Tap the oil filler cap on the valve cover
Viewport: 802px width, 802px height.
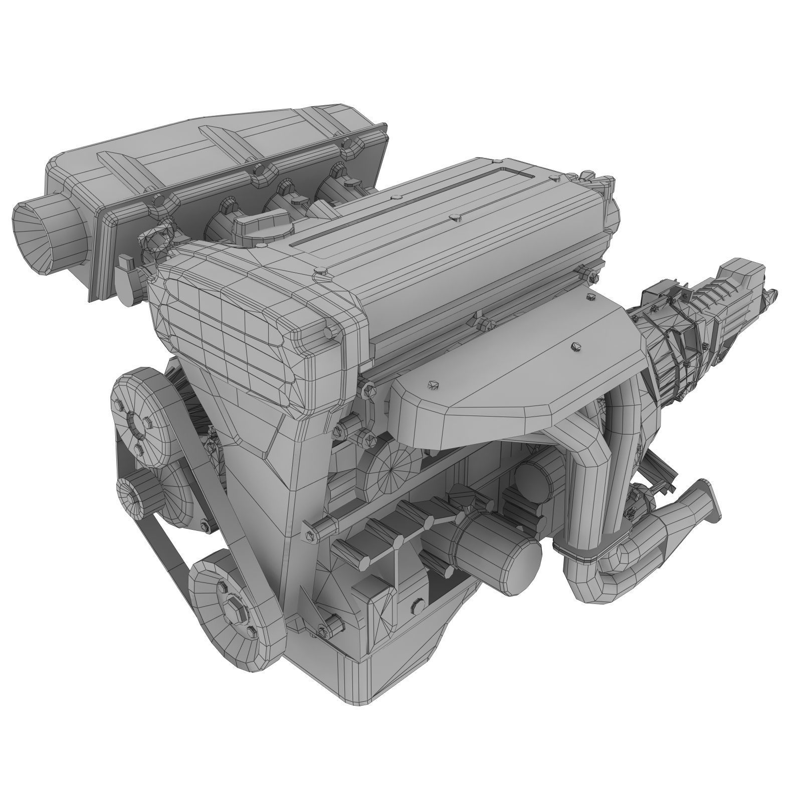(x=261, y=219)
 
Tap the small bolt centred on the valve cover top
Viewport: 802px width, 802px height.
(x=455, y=217)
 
